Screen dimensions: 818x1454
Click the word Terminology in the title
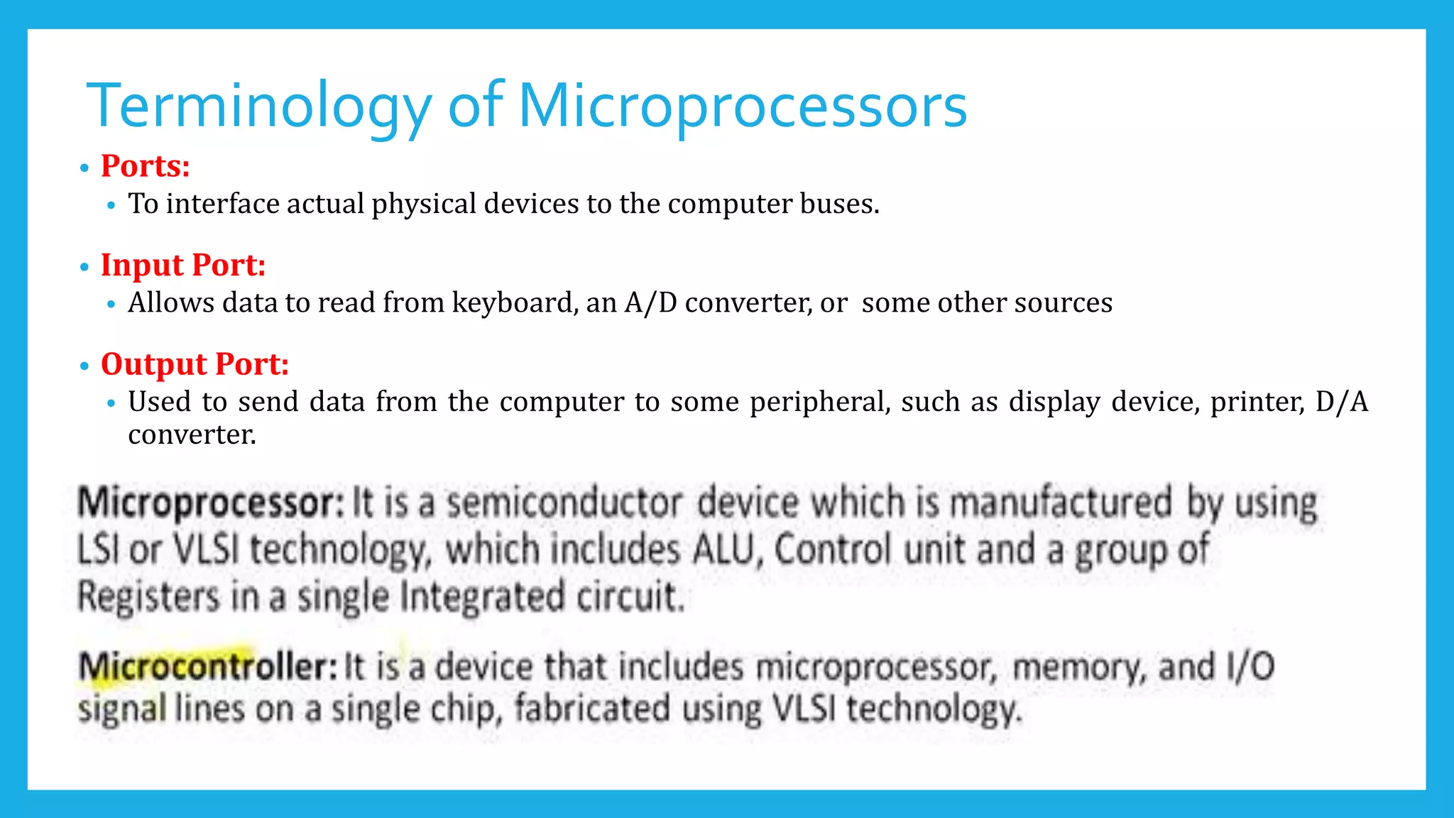click(x=258, y=107)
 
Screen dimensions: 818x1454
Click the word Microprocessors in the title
click(x=742, y=107)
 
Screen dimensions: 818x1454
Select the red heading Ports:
click(x=145, y=166)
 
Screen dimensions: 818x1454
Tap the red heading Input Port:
click(x=182, y=266)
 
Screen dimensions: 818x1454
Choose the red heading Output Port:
click(x=195, y=364)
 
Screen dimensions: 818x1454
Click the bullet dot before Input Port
click(x=84, y=268)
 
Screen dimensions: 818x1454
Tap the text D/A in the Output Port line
click(x=1341, y=402)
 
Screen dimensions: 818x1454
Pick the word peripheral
click(x=819, y=402)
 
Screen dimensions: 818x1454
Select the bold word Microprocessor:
click(x=210, y=503)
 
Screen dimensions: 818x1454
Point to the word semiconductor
click(x=564, y=503)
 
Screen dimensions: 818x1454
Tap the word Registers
click(x=148, y=596)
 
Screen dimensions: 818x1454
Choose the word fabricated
click(x=591, y=709)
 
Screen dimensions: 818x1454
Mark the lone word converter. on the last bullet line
click(x=192, y=435)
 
